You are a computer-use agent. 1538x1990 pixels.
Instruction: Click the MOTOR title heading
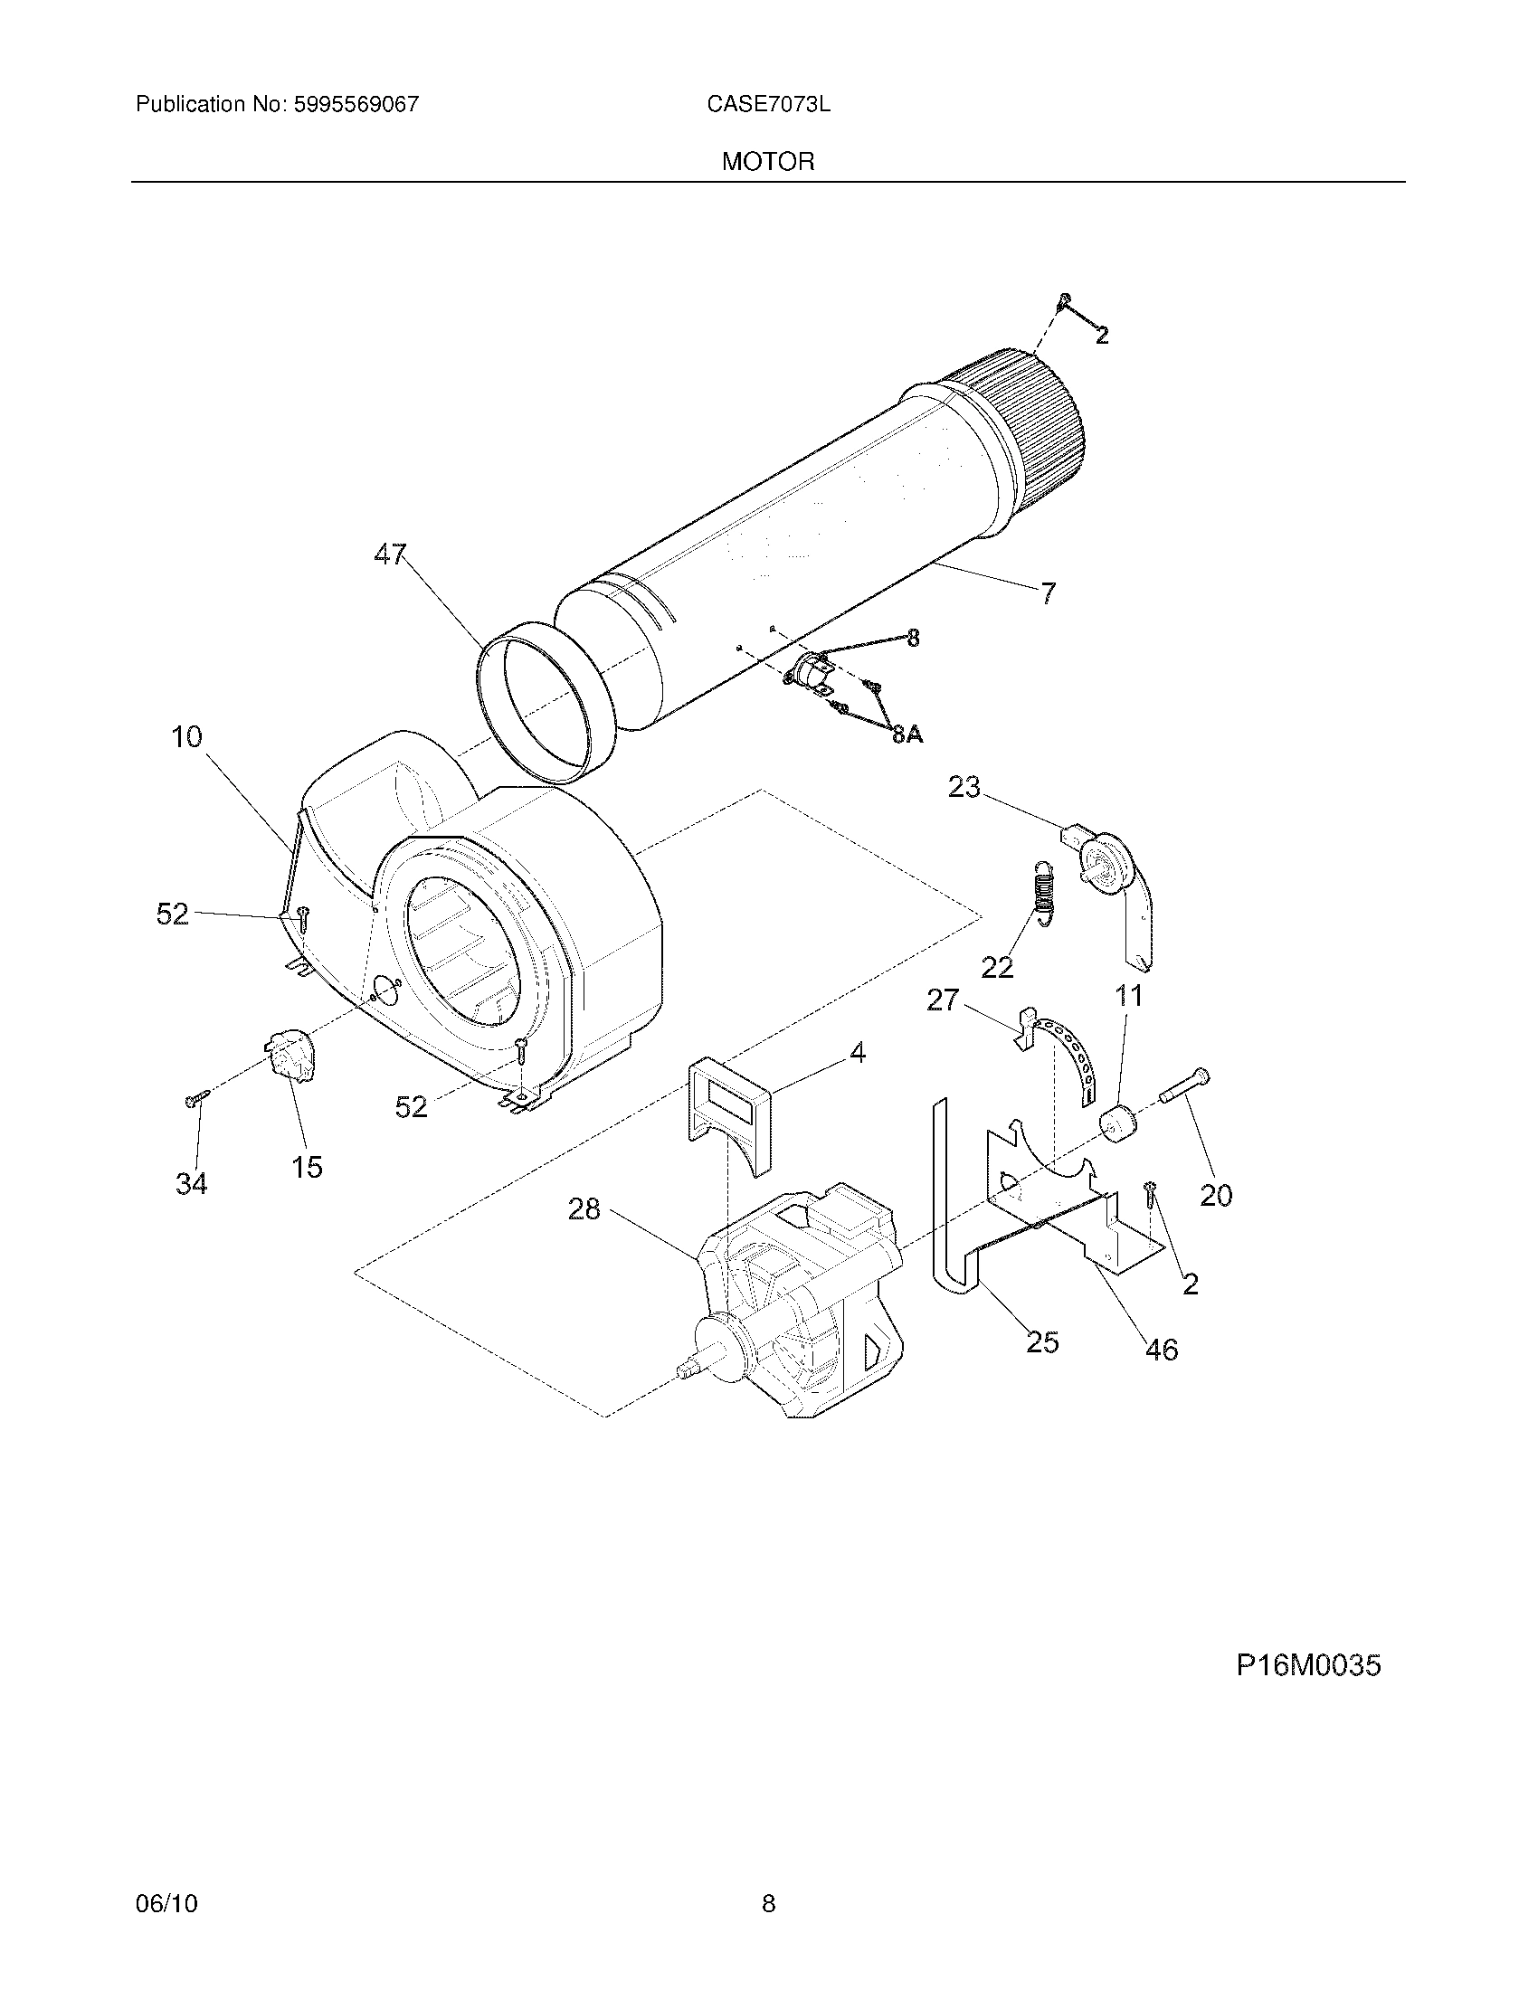coord(768,162)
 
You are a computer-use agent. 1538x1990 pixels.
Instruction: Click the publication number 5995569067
coord(356,104)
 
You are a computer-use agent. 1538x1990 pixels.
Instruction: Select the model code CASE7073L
coord(768,104)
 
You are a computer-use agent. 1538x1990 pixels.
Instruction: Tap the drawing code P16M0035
coord(1307,1665)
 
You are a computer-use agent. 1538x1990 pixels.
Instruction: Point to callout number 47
coord(391,554)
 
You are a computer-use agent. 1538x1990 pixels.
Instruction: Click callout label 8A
coord(907,734)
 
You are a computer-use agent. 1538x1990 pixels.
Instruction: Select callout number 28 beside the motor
coord(584,1209)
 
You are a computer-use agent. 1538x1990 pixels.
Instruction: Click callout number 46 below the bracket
coord(1161,1349)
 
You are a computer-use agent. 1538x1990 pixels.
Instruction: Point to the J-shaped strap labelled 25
coord(945,1221)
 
